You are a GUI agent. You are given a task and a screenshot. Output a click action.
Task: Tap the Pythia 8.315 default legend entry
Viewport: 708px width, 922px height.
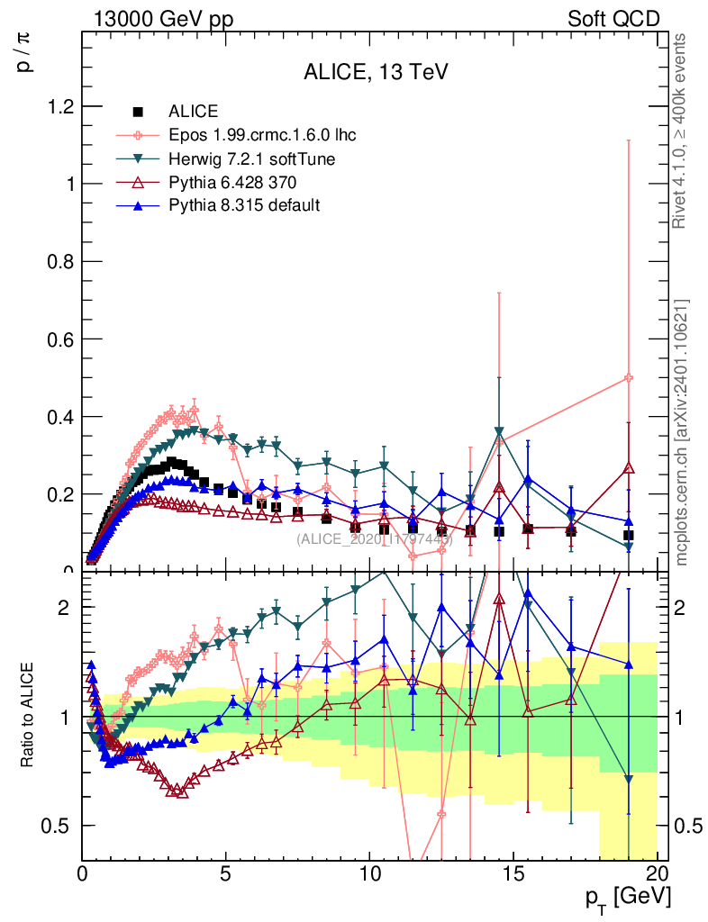(x=244, y=205)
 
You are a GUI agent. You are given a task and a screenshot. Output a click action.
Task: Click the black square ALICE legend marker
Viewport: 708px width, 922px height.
(x=139, y=113)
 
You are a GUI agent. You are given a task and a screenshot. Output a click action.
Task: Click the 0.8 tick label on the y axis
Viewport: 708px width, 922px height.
(x=59, y=262)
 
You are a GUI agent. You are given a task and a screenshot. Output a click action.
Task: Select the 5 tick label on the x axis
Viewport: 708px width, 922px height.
(x=226, y=874)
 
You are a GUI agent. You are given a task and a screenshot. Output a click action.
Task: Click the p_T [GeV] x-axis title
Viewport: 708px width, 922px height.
(x=627, y=897)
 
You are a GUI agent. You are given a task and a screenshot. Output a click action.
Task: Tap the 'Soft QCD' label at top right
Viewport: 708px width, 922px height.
(x=613, y=19)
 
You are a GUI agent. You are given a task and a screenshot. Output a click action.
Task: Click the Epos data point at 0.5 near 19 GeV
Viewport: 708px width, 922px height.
(x=629, y=378)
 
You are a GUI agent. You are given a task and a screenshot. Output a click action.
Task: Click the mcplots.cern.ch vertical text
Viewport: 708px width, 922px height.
(x=682, y=432)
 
